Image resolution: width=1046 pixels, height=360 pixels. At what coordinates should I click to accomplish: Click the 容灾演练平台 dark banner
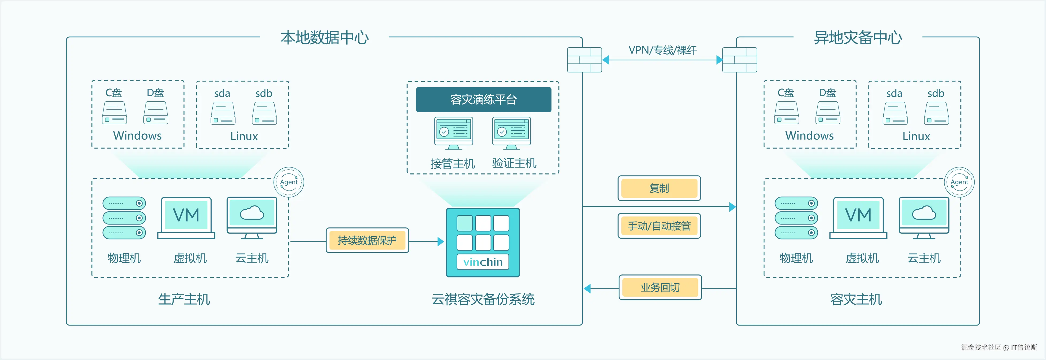[483, 99]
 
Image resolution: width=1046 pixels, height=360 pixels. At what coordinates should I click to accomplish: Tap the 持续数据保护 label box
[367, 240]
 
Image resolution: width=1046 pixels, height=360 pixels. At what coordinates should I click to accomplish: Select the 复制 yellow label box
[659, 188]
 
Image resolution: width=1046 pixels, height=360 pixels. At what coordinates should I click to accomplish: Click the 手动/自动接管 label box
[659, 226]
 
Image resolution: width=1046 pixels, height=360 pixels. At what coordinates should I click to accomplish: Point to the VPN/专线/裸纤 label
[663, 50]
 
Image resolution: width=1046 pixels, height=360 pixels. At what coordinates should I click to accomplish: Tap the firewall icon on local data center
[584, 60]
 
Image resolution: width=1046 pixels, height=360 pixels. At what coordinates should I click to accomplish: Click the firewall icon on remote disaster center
[740, 60]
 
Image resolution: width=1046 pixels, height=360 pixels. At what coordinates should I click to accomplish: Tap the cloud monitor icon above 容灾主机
[924, 218]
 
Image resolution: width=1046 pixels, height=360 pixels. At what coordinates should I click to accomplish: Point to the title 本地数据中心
[324, 38]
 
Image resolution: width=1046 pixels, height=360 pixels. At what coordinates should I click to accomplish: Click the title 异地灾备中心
[858, 38]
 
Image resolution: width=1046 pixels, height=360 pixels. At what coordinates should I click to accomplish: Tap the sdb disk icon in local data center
[264, 113]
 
